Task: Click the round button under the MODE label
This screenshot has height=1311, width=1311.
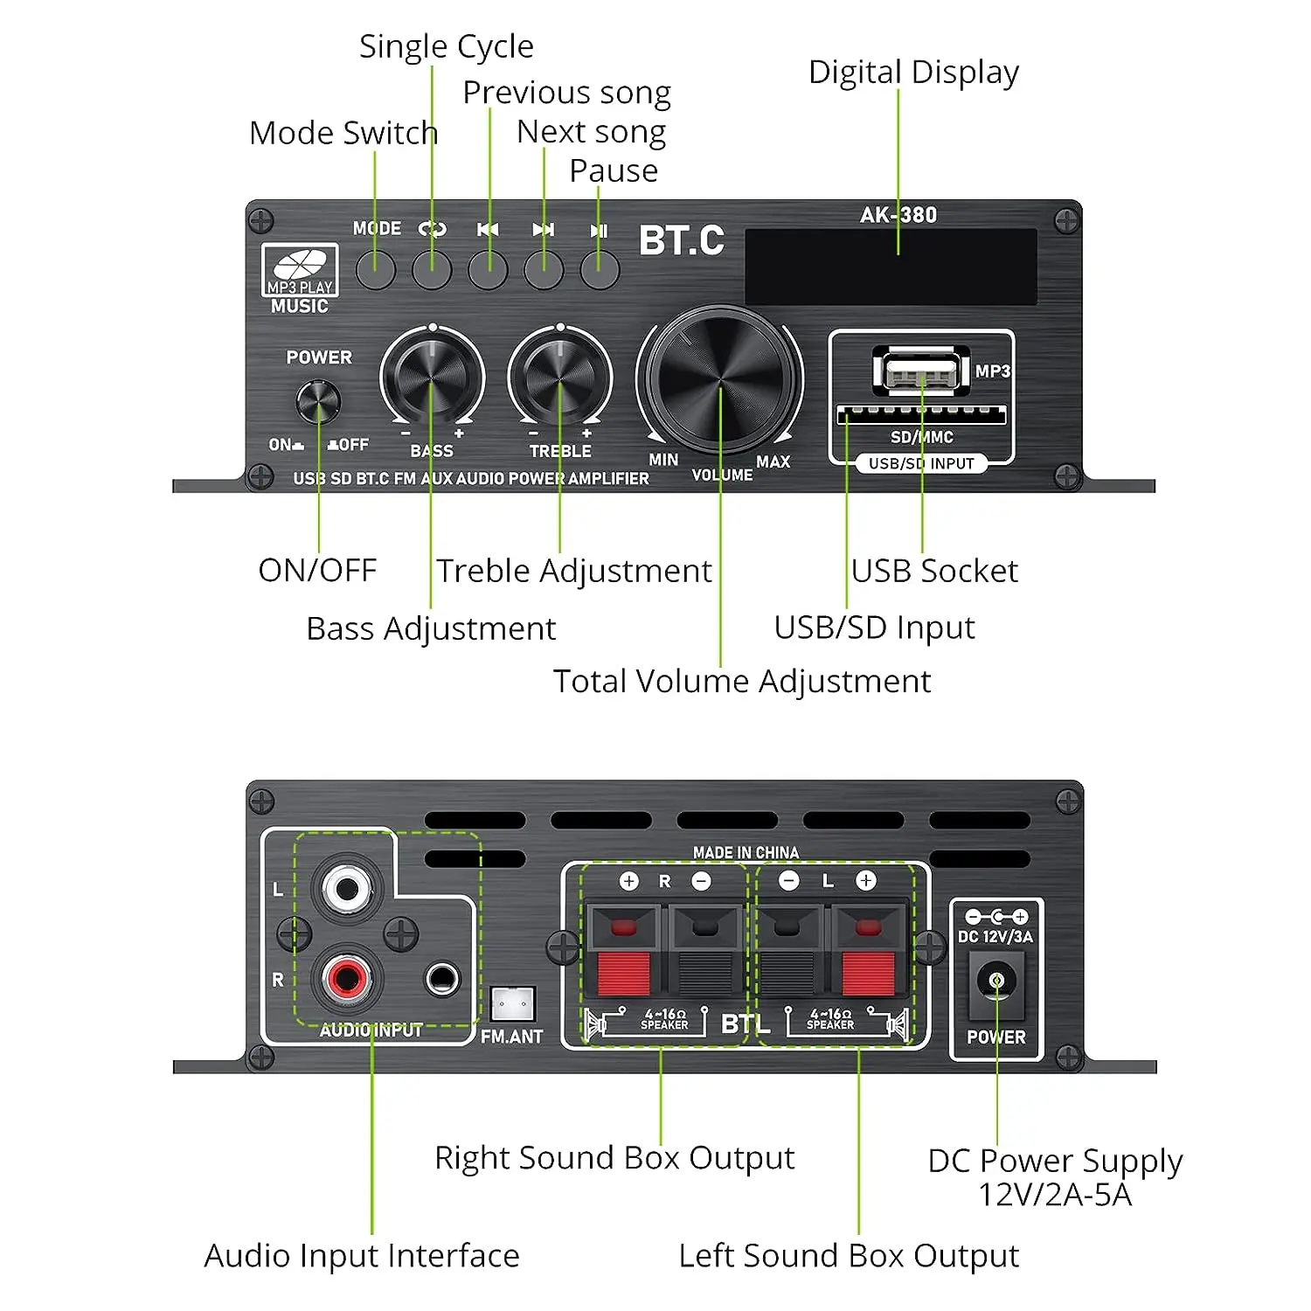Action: [376, 270]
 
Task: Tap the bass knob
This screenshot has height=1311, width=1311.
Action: [432, 377]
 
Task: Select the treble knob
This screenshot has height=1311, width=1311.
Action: [559, 377]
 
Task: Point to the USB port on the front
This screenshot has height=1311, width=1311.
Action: [920, 371]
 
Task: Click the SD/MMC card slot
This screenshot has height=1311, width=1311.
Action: [921, 415]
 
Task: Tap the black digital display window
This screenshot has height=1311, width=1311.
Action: [890, 267]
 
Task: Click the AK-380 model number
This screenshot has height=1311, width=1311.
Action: [898, 215]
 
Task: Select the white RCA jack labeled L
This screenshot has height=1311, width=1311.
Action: [347, 890]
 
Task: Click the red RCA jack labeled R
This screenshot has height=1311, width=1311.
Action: [347, 977]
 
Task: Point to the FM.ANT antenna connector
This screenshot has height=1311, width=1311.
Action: [512, 1005]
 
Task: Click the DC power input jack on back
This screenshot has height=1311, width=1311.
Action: [996, 982]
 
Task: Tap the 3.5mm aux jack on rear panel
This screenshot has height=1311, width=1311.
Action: [442, 979]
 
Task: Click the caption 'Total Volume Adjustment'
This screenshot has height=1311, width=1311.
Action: [741, 681]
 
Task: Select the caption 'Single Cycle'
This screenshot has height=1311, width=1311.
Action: [446, 46]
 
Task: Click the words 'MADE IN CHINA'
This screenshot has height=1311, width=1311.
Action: [746, 852]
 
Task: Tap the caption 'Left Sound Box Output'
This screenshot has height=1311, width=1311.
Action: [848, 1256]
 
